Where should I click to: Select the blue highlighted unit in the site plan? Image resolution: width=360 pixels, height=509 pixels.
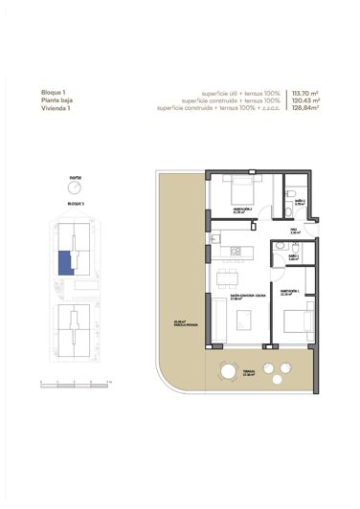63,261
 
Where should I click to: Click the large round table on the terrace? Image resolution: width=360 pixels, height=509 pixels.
230,371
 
